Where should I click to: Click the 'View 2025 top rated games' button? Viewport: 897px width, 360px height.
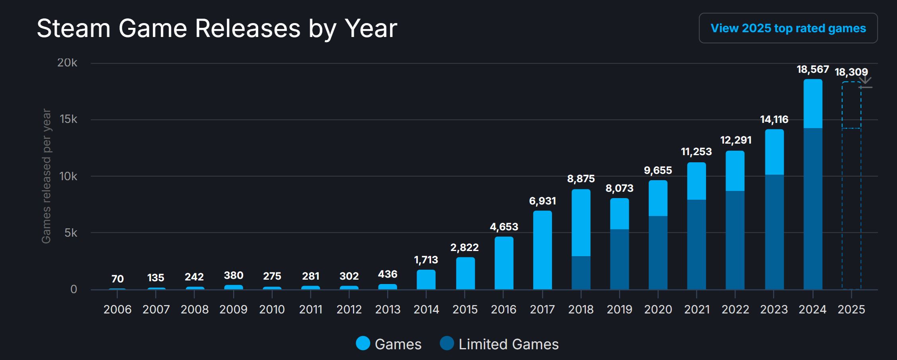(x=788, y=28)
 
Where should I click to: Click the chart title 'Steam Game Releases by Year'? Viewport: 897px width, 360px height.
(x=217, y=28)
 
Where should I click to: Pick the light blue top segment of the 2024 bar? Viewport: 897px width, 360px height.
(x=813, y=103)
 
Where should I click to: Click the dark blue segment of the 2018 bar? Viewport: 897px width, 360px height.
(x=581, y=272)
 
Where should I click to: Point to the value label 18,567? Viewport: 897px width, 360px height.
(x=813, y=70)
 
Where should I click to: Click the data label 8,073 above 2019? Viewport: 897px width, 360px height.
(x=619, y=188)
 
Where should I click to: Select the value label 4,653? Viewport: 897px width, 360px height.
(x=504, y=227)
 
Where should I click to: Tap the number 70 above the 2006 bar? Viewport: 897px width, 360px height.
(x=117, y=279)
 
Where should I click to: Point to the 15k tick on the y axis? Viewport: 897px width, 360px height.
(x=68, y=119)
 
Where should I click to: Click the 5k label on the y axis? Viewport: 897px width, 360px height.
(x=71, y=233)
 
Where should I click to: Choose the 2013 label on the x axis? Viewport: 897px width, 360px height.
(x=388, y=309)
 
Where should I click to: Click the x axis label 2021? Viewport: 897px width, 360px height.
(x=696, y=309)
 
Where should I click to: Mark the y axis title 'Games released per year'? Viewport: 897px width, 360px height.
(x=47, y=176)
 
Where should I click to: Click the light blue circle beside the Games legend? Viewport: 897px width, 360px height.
(x=363, y=344)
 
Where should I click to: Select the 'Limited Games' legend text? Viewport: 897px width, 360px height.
(x=508, y=344)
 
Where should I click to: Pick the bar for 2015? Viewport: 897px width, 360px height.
(x=465, y=273)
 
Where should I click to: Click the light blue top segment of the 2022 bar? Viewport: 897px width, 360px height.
(x=735, y=171)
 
